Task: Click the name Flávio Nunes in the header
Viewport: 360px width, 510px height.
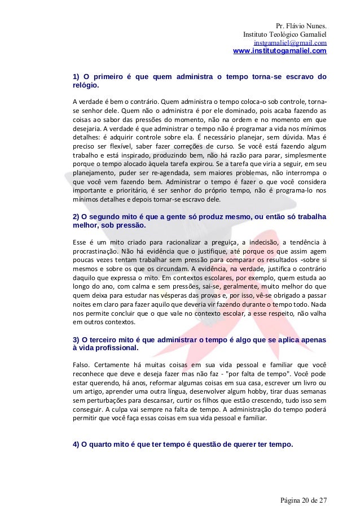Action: point(307,25)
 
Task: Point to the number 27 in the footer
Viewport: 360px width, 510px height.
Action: point(323,501)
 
